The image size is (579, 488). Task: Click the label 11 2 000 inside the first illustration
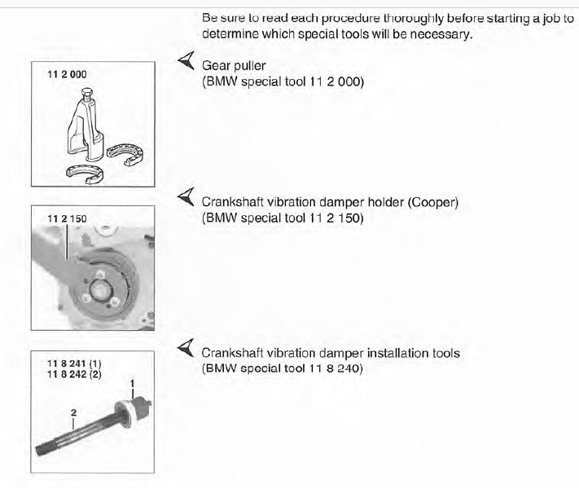click(x=67, y=74)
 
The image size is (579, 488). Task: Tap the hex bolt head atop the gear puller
click(x=87, y=91)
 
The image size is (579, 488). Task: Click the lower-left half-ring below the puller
click(x=85, y=174)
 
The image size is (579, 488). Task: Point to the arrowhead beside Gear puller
click(x=186, y=60)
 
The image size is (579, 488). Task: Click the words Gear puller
click(x=234, y=66)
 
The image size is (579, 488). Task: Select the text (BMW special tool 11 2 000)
click(x=283, y=81)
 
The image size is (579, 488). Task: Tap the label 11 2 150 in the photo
click(x=67, y=218)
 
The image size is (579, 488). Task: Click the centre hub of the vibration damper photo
click(x=99, y=289)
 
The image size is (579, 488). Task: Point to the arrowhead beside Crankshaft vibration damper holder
click(x=186, y=197)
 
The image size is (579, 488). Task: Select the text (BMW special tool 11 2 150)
click(x=283, y=218)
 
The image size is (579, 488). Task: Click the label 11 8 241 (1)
click(x=74, y=364)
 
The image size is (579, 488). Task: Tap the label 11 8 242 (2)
click(x=74, y=374)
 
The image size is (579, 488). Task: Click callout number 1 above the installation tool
click(x=132, y=384)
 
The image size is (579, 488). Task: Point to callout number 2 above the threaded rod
click(x=73, y=412)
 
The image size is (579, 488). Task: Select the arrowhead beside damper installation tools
click(x=186, y=348)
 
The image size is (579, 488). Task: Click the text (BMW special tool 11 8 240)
click(x=282, y=368)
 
